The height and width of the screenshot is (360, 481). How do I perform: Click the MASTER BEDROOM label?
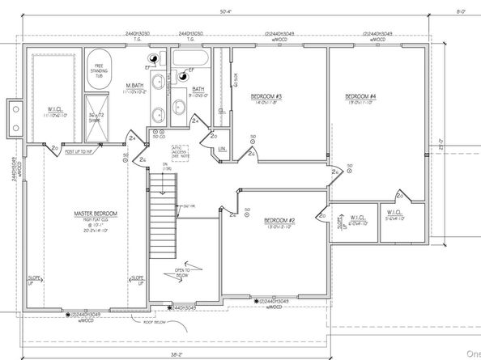coord(96,214)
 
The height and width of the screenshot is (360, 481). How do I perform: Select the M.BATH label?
coord(134,86)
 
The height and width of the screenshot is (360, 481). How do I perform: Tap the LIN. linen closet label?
coord(221,149)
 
